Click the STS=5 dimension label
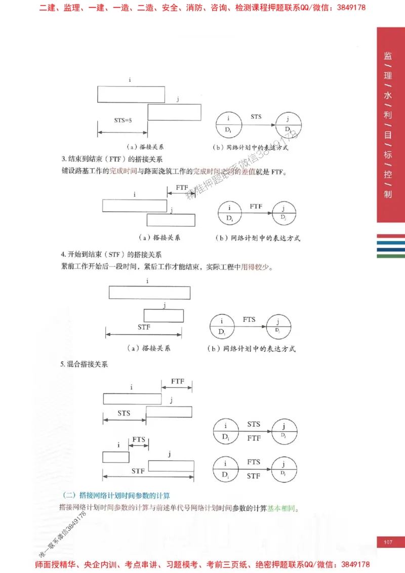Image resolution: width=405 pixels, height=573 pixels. (123, 120)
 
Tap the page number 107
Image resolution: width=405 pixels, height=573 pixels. (388, 543)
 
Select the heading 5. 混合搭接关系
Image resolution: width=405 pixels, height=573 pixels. (85, 364)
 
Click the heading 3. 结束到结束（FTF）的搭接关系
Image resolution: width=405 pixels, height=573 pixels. (112, 159)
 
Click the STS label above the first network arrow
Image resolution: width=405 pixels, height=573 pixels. (256, 116)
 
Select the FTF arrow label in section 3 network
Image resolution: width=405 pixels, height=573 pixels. (256, 207)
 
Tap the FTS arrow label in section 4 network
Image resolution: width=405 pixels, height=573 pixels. (249, 319)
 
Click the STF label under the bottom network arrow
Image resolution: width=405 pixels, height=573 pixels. (254, 476)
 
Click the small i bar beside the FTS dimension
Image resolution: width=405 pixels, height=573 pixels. (116, 457)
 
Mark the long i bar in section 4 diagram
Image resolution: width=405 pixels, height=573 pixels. (149, 293)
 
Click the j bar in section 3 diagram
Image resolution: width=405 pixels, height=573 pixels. (171, 220)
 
